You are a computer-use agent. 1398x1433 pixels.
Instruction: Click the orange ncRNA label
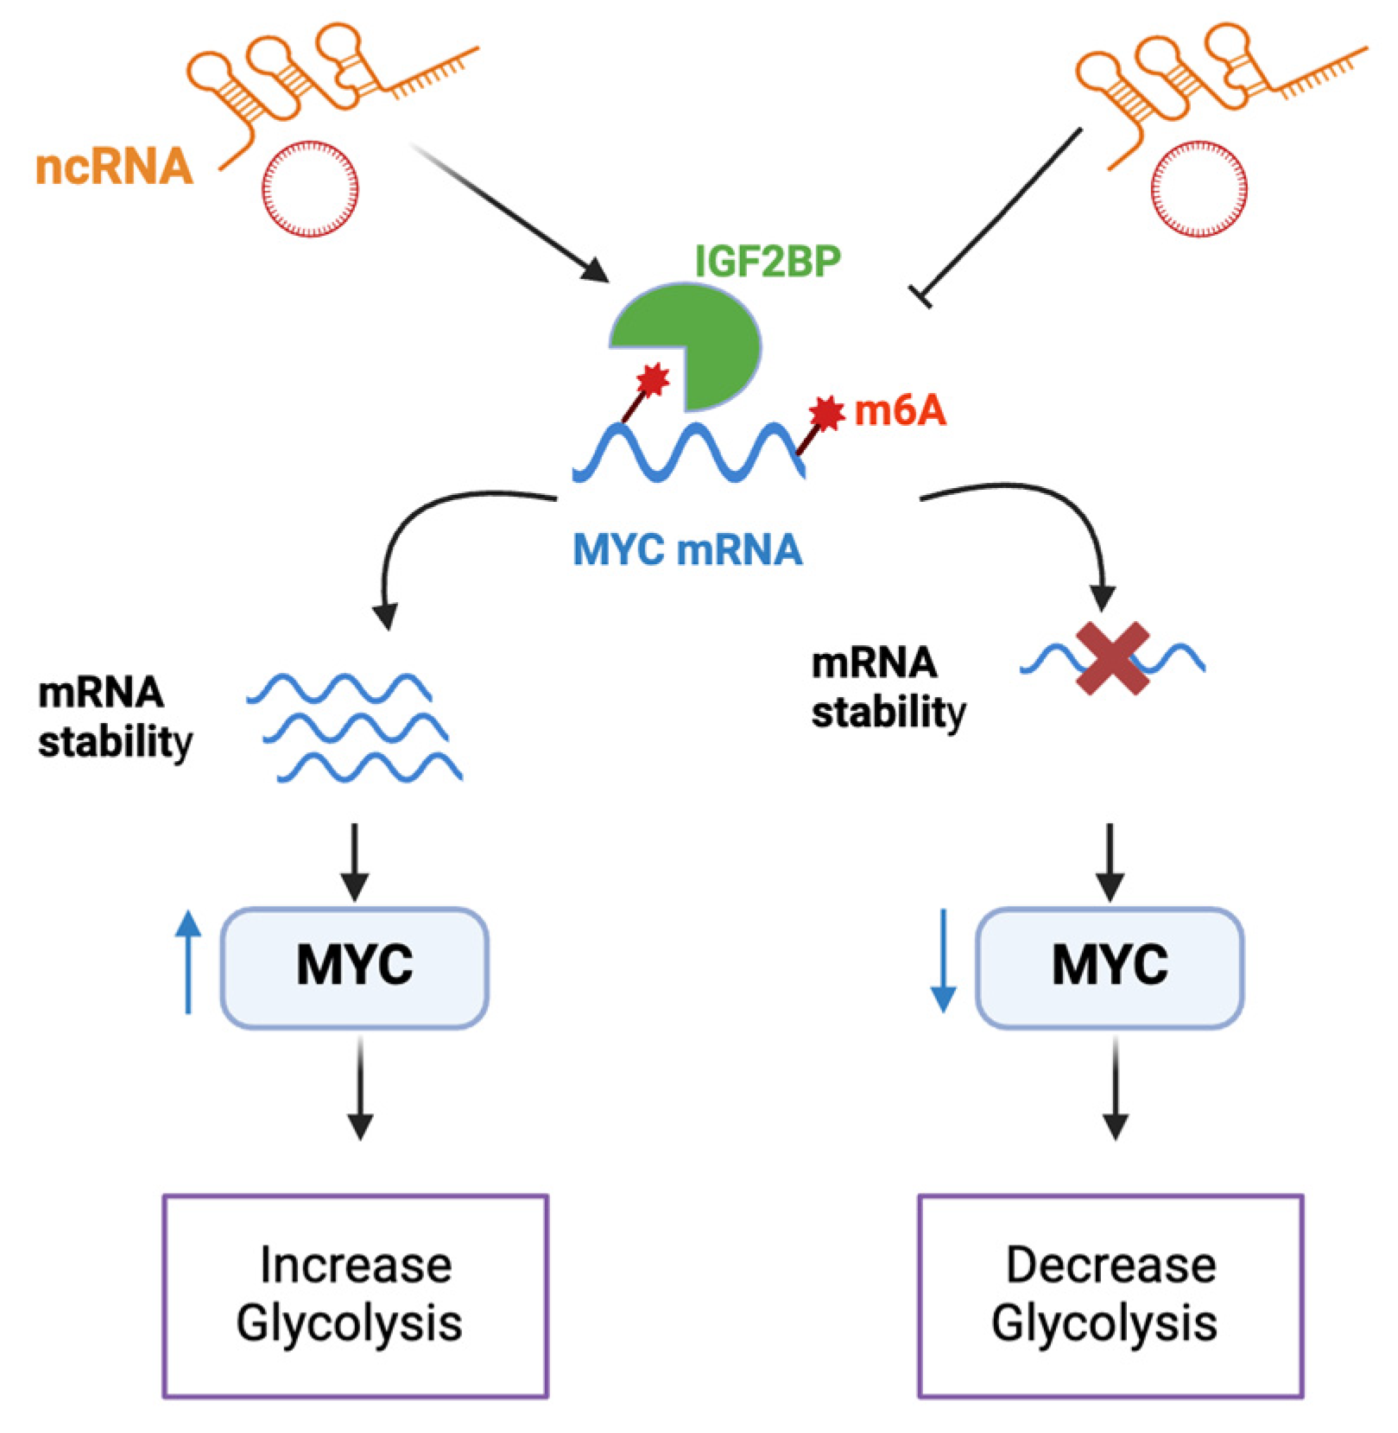tap(113, 166)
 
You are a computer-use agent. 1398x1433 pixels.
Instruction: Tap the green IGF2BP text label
tap(768, 261)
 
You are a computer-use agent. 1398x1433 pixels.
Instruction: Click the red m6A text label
tap(900, 411)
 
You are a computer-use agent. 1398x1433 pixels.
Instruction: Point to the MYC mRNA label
tap(687, 549)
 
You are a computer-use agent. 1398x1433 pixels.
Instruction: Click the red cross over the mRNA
tap(1112, 658)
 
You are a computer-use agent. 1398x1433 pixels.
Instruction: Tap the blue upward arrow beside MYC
tap(188, 961)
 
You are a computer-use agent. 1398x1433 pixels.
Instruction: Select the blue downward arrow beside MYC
tap(943, 961)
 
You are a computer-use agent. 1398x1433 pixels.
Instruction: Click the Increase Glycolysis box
tap(355, 1295)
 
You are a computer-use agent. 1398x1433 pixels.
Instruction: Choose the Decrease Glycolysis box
tap(1110, 1295)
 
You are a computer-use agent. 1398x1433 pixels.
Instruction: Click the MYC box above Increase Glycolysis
tap(355, 967)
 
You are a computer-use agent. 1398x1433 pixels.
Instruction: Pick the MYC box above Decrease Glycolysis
tap(1110, 967)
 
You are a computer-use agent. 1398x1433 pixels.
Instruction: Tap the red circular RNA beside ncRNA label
tap(310, 188)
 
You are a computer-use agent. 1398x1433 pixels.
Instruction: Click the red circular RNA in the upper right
tap(1199, 188)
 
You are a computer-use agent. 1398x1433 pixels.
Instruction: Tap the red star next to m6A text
tap(826, 413)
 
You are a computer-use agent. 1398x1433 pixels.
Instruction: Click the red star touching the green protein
tap(653, 379)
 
